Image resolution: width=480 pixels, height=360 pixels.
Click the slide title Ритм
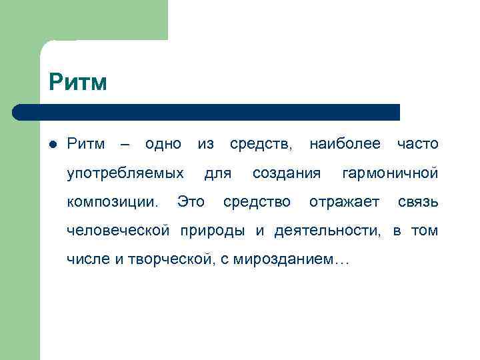[77, 83]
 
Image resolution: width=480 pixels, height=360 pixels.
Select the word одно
[163, 144]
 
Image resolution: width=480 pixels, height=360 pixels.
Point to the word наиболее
[345, 144]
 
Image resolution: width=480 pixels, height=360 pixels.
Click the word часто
[417, 144]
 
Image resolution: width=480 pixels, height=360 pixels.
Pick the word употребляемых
[125, 174]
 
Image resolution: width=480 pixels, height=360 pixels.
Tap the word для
[218, 174]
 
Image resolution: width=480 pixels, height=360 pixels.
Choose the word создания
[287, 174]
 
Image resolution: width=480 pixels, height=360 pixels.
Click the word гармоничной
[390, 174]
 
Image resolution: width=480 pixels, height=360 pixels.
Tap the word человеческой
[119, 231]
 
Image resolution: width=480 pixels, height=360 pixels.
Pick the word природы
[215, 231]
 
